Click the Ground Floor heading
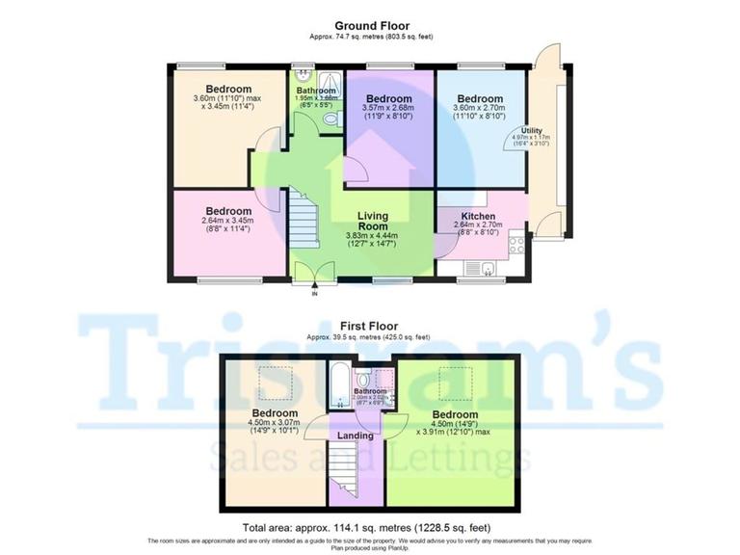371,26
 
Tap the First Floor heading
371,327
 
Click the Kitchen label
478,216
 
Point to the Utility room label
531,130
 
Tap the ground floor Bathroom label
315,91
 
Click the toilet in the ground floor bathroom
332,119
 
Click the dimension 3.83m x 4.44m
372,236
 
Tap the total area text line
370,527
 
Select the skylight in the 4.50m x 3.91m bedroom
454,382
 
